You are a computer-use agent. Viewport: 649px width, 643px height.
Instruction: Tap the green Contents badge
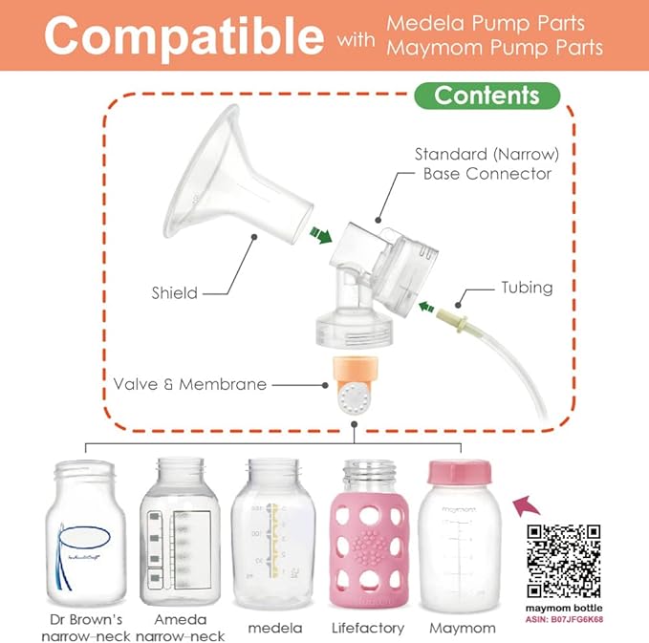[x=487, y=96]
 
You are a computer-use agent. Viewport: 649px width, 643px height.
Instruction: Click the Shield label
[x=176, y=292]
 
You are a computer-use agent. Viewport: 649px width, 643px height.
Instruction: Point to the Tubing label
[x=528, y=287]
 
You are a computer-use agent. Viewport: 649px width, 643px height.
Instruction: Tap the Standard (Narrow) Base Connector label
[x=483, y=163]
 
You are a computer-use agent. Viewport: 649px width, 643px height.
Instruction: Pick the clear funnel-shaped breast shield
[x=225, y=171]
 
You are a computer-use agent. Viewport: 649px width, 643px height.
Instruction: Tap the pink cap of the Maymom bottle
[x=463, y=473]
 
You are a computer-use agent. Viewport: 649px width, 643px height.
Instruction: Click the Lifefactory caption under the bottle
[x=367, y=628]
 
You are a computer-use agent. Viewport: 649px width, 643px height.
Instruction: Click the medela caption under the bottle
[x=274, y=628]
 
